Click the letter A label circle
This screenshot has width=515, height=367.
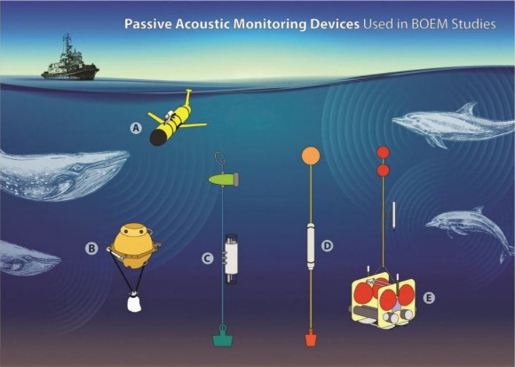[136, 128]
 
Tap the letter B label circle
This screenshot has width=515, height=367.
[91, 248]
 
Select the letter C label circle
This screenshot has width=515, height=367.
[207, 259]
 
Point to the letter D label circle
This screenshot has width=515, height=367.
[327, 245]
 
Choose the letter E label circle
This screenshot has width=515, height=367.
[428, 298]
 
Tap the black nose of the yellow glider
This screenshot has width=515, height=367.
[156, 138]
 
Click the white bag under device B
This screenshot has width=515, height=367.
[134, 302]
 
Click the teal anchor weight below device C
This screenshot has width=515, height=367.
[223, 339]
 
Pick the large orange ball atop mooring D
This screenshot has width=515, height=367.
[311, 156]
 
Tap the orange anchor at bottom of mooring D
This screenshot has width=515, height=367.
[311, 339]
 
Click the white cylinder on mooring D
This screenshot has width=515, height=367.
[311, 245]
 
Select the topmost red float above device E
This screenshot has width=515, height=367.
[383, 152]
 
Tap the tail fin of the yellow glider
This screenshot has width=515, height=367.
[188, 97]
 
